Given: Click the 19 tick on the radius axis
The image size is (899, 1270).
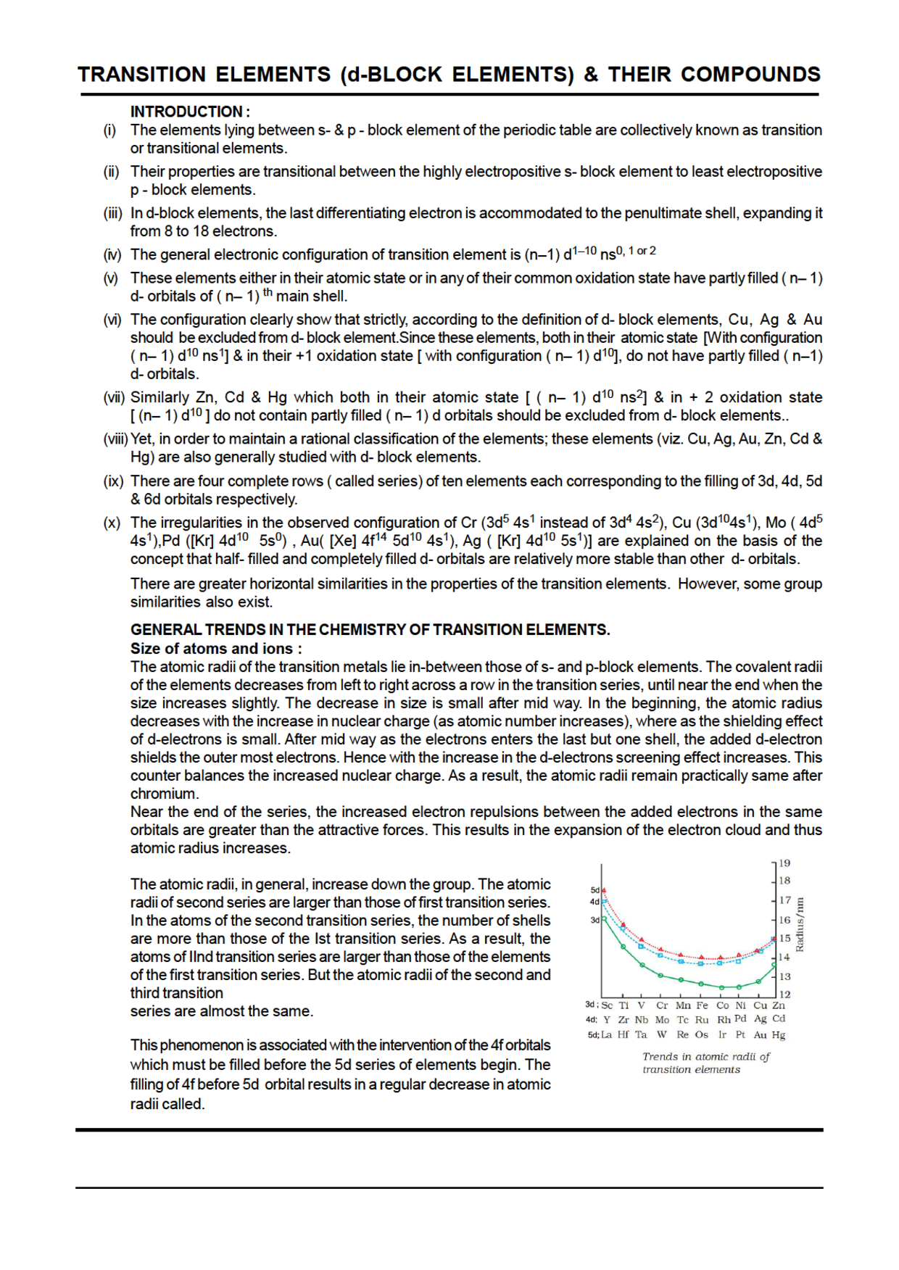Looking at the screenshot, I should pyautogui.click(x=784, y=863).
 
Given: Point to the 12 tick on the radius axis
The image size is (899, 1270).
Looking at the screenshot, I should pyautogui.click(x=784, y=994).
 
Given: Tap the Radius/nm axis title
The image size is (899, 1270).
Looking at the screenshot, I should pyautogui.click(x=800, y=925).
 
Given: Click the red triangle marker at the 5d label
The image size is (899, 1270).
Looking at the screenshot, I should pyautogui.click(x=603, y=889).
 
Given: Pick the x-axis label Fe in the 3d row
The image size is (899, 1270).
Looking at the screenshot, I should pyautogui.click(x=702, y=1005).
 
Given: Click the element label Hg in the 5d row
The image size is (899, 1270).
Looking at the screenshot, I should pyautogui.click(x=779, y=1034).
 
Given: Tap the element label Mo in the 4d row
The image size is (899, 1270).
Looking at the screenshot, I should pyautogui.click(x=662, y=1020).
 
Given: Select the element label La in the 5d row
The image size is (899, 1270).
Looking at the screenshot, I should pyautogui.click(x=606, y=1034).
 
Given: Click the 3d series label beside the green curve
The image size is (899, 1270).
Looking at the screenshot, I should pyautogui.click(x=594, y=920).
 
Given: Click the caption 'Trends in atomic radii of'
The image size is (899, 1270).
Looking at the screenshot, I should pyautogui.click(x=705, y=1057).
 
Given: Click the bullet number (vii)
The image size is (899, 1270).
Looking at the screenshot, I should pyautogui.click(x=114, y=397).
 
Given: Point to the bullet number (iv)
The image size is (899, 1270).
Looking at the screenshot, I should pyautogui.click(x=112, y=254).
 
